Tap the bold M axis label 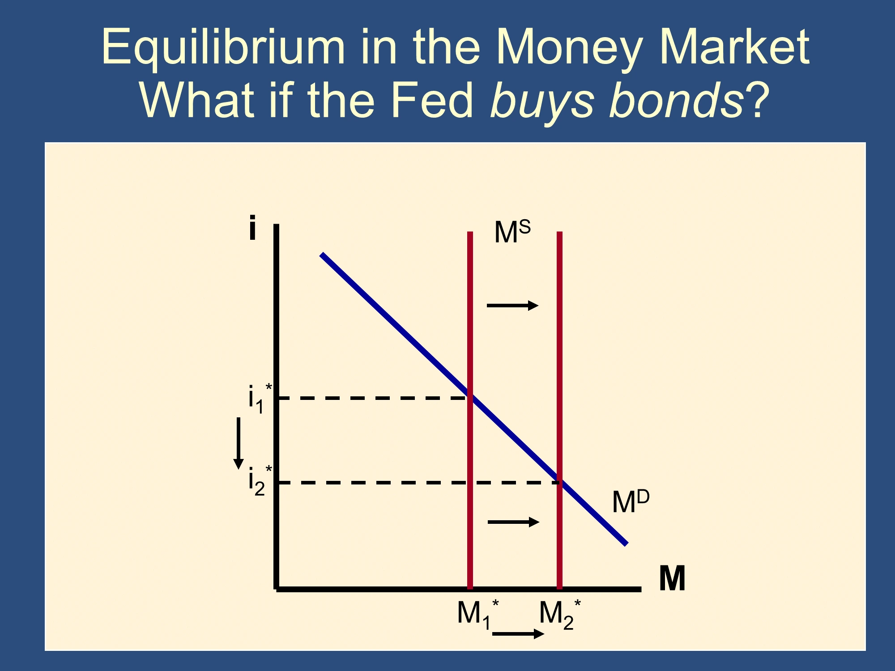(672, 578)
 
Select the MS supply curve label (512, 232)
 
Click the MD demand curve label (631, 501)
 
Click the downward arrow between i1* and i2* (239, 443)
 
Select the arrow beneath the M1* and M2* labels (518, 633)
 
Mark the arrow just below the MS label (513, 306)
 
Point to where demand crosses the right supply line (559, 482)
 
